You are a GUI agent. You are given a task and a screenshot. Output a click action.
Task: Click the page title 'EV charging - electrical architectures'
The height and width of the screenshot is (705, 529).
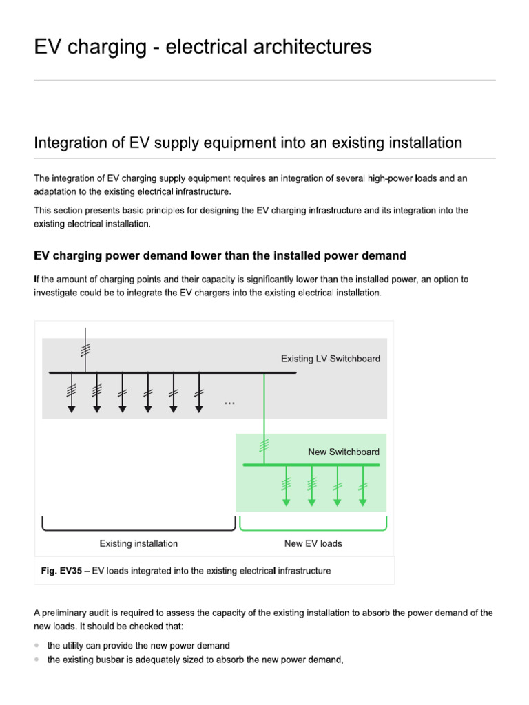203,47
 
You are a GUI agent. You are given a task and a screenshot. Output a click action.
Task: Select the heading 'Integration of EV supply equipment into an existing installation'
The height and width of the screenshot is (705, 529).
247,143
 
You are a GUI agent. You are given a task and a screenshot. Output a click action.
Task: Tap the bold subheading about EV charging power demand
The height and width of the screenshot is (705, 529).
220,255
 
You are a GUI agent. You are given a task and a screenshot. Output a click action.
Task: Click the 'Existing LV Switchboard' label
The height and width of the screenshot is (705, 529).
330,359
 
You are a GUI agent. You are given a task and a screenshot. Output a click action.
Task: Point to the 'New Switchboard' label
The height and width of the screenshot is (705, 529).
343,452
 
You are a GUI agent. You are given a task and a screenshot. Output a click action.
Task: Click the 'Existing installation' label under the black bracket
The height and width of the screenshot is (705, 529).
138,543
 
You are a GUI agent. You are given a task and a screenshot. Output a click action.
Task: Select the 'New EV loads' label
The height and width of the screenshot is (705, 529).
313,543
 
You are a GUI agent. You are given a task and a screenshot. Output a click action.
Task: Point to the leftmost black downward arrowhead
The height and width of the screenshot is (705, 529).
72,409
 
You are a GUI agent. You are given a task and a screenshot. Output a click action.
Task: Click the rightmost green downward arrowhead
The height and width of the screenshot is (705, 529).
362,502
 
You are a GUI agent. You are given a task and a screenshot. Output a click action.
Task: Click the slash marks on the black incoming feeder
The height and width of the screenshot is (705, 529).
84,348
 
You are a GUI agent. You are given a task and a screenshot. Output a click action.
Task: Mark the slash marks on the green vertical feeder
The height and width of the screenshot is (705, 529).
264,445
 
